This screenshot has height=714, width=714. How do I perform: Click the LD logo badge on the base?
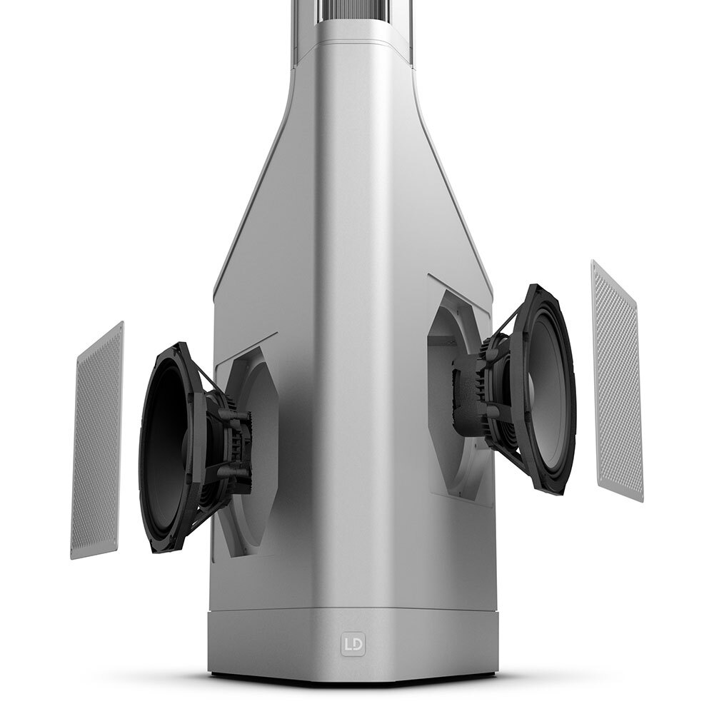coord(353,644)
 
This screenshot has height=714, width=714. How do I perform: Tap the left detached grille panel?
coord(97,441)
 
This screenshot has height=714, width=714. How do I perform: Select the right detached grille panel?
coord(618,381)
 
